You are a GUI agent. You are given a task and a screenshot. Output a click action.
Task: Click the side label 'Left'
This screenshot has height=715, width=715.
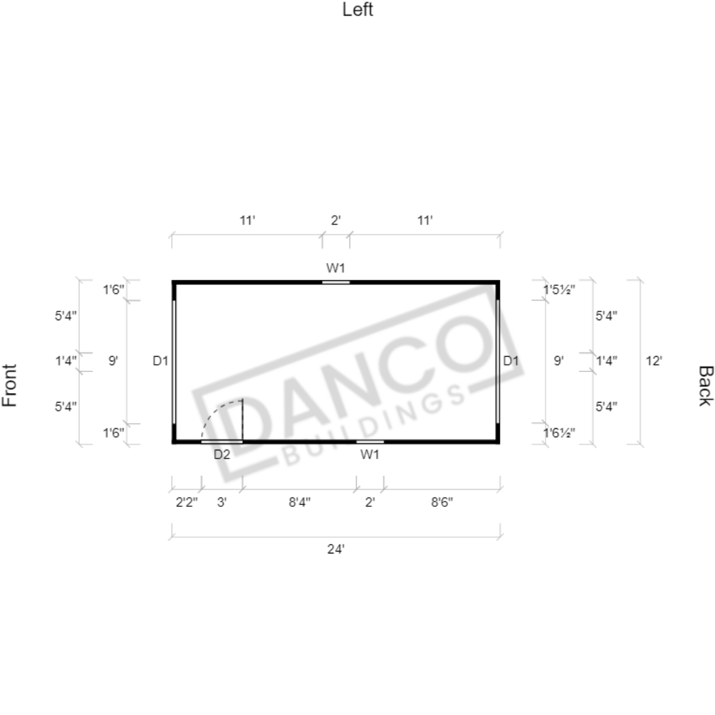[358, 10]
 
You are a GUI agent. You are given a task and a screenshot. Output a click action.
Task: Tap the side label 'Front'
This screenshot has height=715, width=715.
[10, 385]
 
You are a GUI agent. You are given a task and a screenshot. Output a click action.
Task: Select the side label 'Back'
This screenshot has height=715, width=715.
[705, 385]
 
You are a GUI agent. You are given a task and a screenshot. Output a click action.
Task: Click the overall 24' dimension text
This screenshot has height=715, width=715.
[336, 549]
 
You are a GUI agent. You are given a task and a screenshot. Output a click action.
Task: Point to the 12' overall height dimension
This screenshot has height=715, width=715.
[654, 361]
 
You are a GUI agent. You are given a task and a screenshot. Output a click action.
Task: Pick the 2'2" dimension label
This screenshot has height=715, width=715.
[187, 502]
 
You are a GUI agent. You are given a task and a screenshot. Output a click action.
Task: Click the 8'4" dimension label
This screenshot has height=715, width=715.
[299, 502]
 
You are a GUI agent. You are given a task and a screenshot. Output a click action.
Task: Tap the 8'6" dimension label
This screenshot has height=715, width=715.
[442, 502]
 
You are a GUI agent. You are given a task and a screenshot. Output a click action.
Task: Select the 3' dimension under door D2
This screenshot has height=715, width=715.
[222, 502]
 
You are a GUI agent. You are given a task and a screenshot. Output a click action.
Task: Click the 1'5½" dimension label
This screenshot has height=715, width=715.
[559, 290]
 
